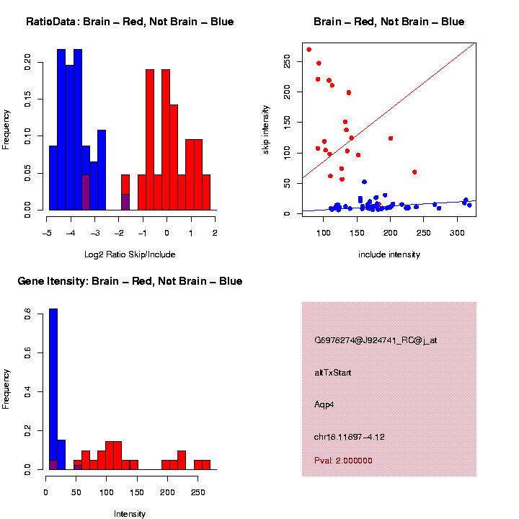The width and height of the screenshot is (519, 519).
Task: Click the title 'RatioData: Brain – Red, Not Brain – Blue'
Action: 130,22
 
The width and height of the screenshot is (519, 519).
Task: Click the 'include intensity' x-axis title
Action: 389,254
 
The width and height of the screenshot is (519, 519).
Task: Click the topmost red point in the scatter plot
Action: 309,50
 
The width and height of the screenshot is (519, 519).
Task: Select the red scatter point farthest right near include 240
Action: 414,172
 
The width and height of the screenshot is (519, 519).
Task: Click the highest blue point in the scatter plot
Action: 364,182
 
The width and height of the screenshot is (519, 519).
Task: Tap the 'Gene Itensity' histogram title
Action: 130,281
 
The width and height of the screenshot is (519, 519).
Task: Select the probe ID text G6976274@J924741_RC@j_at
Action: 376,340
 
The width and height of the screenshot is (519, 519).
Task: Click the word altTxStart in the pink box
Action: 332,373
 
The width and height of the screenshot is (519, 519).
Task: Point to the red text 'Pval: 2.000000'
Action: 343,461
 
